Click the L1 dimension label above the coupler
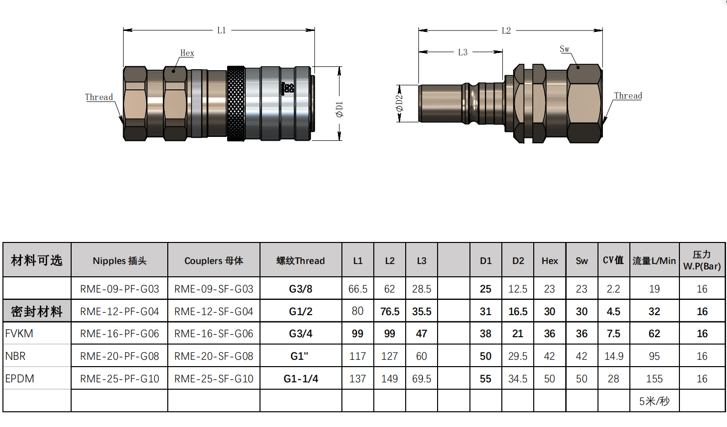pos(221,30)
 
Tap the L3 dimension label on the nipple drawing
pos(463,52)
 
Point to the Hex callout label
pos(187,53)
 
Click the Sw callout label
pos(565,49)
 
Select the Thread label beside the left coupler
pos(99,97)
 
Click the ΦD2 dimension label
pos(399,103)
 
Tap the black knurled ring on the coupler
pos(236,104)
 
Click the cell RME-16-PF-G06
pos(120,334)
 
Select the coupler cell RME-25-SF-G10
pos(214,379)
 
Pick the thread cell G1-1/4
pos(301,379)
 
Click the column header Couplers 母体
pos(214,261)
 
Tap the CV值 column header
pos(613,261)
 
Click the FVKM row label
pos(20,334)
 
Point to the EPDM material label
pos(20,379)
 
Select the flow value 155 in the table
pos(654,379)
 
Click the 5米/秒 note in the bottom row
pos(654,401)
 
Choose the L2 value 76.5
pos(389,312)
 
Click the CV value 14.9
pos(614,356)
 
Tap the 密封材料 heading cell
pos(37,312)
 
